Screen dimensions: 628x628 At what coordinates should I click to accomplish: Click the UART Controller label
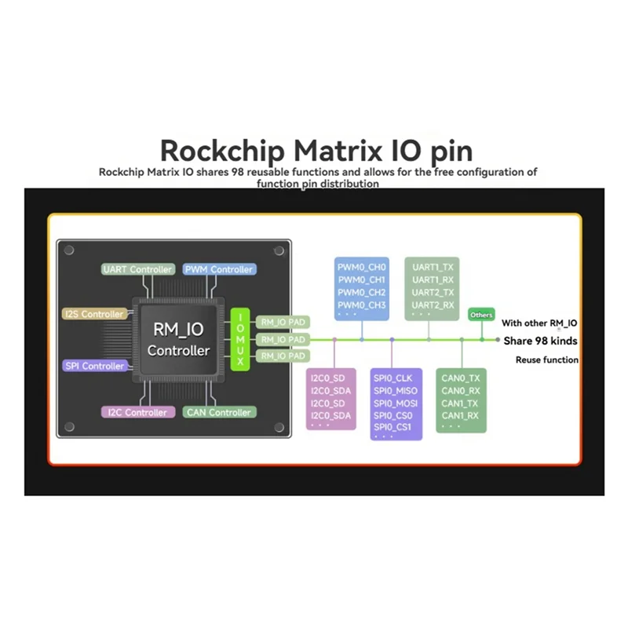(x=138, y=269)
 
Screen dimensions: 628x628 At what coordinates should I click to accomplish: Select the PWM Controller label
(x=218, y=269)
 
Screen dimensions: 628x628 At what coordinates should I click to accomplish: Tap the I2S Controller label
(x=93, y=314)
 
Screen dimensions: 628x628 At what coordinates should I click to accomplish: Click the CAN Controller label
(x=218, y=412)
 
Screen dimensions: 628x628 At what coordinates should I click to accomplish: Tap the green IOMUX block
(x=240, y=339)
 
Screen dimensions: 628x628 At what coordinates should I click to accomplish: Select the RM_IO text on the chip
(x=179, y=330)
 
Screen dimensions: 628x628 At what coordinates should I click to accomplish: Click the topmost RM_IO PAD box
(x=283, y=322)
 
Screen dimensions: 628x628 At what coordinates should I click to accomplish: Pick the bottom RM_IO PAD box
(x=283, y=356)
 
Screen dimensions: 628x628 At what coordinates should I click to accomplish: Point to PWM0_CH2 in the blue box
(x=361, y=292)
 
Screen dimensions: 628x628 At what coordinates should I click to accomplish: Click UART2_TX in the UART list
(x=433, y=292)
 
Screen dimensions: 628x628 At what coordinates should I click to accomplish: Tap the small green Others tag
(x=481, y=315)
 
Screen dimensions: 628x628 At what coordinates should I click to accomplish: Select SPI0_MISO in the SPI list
(x=395, y=391)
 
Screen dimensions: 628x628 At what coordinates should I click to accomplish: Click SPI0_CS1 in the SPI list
(x=393, y=427)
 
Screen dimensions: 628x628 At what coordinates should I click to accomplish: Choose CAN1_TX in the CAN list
(x=460, y=403)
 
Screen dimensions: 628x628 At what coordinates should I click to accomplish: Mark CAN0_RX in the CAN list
(x=460, y=391)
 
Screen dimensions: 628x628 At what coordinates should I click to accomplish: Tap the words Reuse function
(x=547, y=360)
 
